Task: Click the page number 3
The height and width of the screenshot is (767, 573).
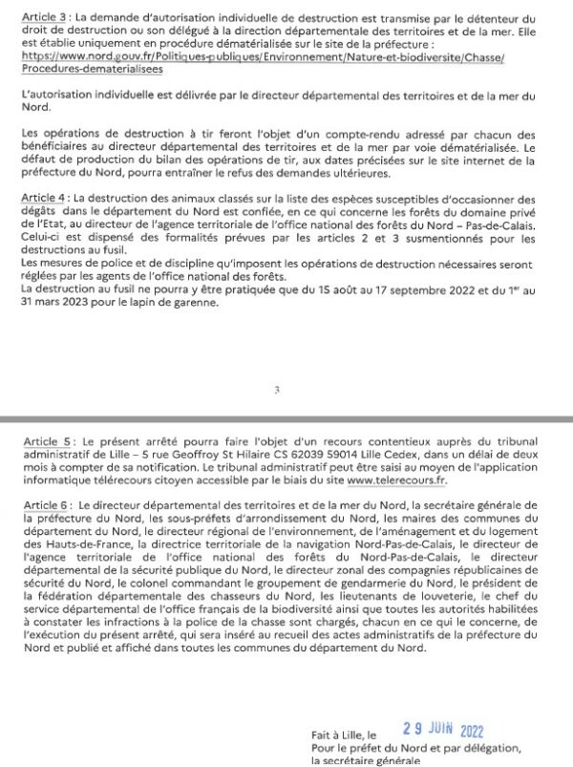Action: (x=276, y=390)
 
